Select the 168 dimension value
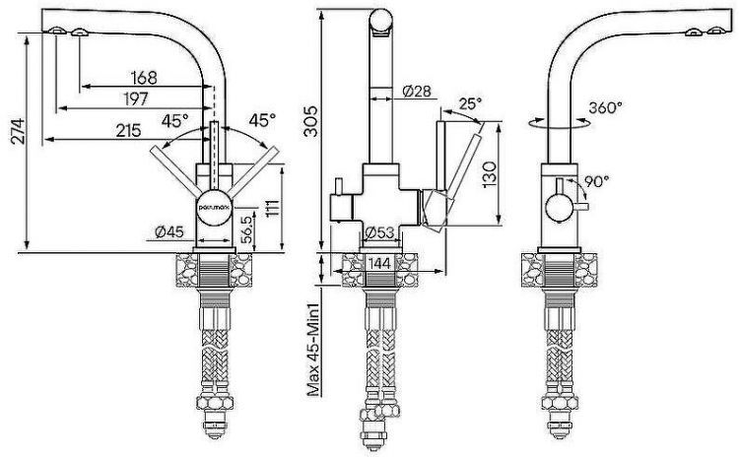pos(144,78)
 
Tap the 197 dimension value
pos(136,99)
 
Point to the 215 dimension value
pos(129,131)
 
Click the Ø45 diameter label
pos(168,231)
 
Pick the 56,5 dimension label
pos(246,229)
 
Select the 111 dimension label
pos(272,209)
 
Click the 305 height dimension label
pos(311,121)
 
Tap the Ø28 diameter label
pos(417,91)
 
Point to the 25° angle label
pos(470,102)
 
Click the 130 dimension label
pos(490,174)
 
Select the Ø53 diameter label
pos(379,232)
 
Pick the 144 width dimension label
pos(379,263)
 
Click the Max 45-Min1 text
pos(313,349)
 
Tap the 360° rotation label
pos(605,108)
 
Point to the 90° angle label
pos(597,181)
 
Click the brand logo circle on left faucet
pos(214,207)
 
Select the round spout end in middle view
pos(380,22)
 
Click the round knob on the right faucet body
pos(559,207)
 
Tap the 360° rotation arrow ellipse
pos(560,123)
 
